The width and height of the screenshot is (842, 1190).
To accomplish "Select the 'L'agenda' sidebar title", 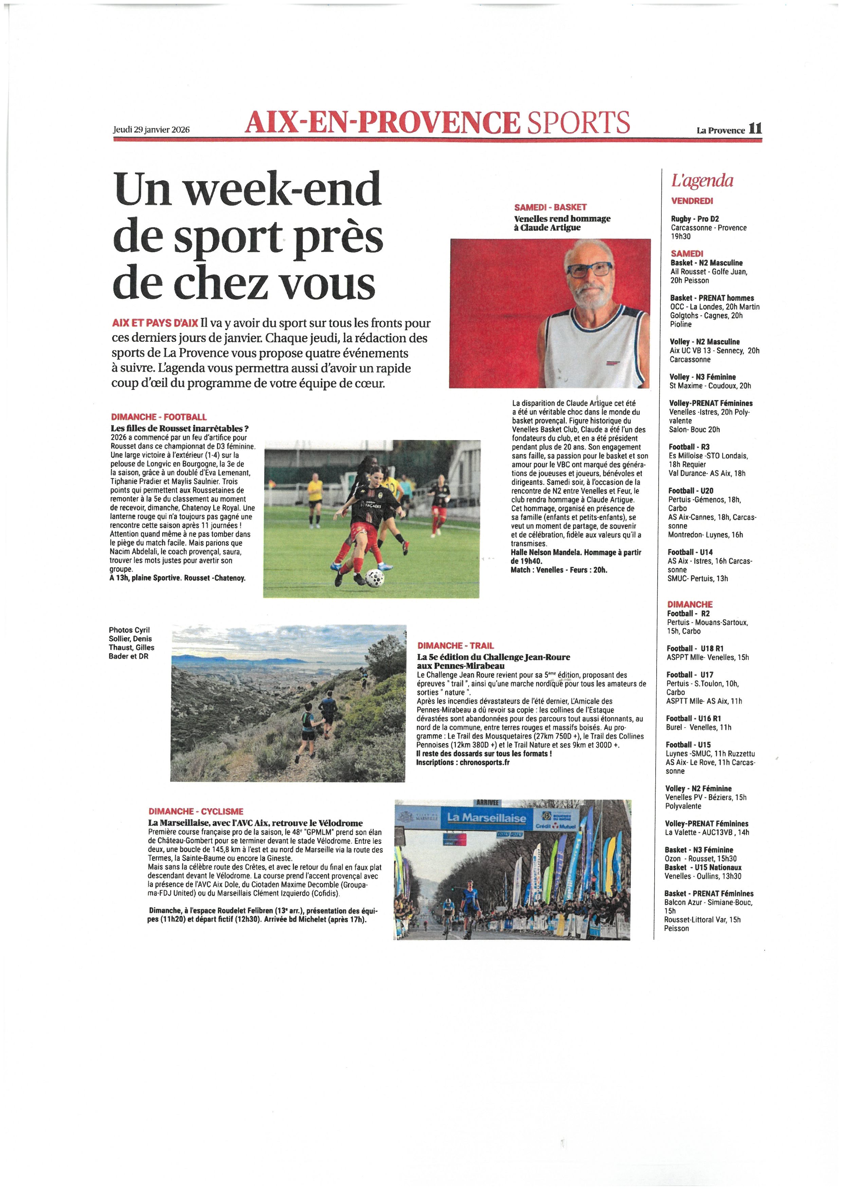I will pyautogui.click(x=702, y=181).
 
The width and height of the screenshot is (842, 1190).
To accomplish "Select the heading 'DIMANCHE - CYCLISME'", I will pyautogui.click(x=196, y=812).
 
